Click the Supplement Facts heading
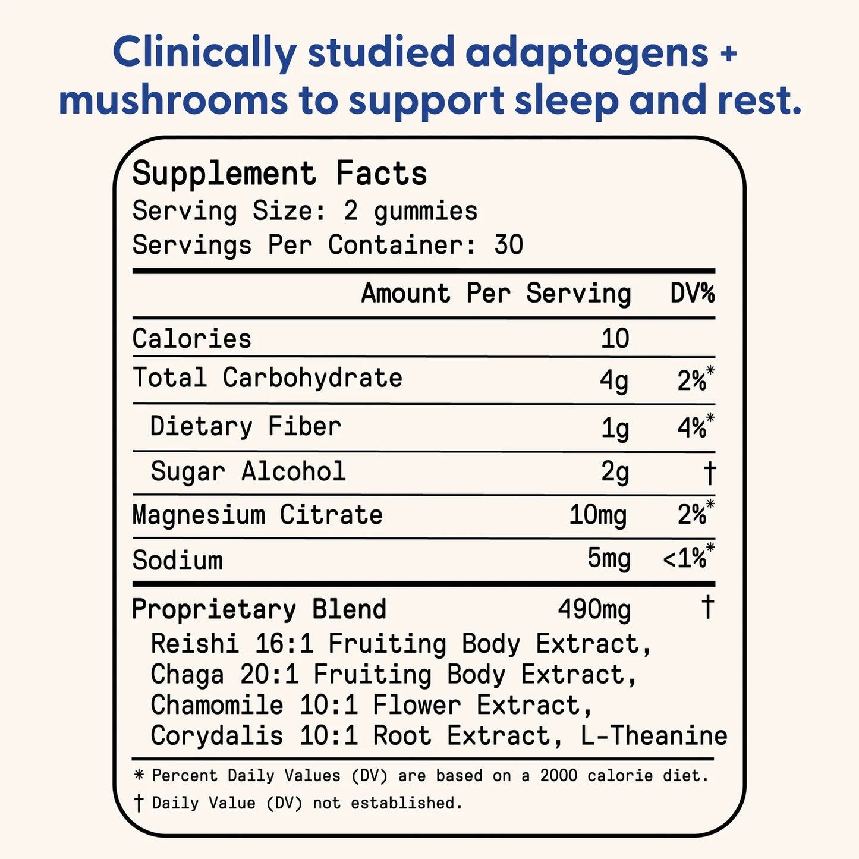[279, 174]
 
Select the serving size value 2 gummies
[410, 211]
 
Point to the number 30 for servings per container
[508, 245]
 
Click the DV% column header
[692, 294]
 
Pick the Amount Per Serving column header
[496, 294]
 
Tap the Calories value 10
[615, 338]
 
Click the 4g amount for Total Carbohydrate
[613, 380]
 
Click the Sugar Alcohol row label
[248, 471]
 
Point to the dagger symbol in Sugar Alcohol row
[709, 473]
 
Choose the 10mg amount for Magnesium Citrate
[598, 515]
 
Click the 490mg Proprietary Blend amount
[594, 609]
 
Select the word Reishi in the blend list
[194, 644]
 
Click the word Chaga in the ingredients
[187, 675]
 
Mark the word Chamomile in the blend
[216, 706]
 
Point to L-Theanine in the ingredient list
[654, 736]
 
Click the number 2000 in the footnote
[558, 775]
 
